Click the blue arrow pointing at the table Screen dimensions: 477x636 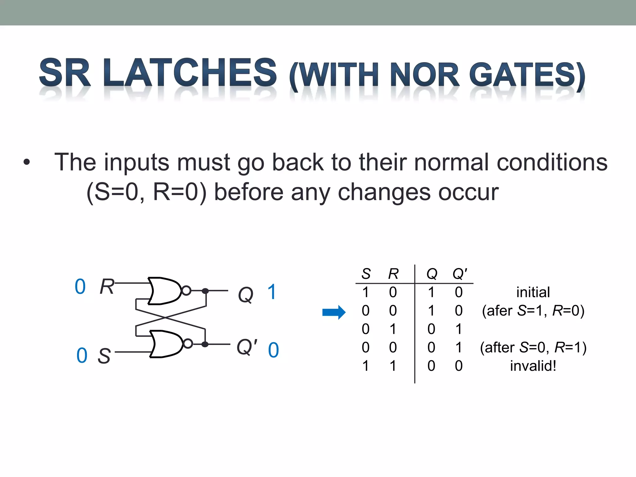(x=334, y=312)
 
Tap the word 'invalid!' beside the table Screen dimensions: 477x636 (x=533, y=366)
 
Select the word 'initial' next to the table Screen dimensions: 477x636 (x=533, y=292)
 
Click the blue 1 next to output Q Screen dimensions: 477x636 (x=272, y=292)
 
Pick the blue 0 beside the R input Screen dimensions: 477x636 (x=80, y=286)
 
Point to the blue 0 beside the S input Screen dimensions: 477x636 (x=82, y=356)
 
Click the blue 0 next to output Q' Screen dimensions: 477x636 (x=273, y=350)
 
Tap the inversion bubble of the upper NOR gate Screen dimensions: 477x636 (x=186, y=291)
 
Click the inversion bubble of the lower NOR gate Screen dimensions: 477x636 (x=188, y=344)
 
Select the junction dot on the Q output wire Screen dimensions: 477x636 (x=205, y=291)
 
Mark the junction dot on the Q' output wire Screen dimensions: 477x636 (x=205, y=344)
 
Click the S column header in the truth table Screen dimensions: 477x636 (x=366, y=274)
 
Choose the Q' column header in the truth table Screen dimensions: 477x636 (x=460, y=274)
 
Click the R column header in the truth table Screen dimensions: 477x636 (x=393, y=274)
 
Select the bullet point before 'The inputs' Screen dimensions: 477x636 (x=27, y=162)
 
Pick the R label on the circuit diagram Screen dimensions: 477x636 (x=107, y=286)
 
